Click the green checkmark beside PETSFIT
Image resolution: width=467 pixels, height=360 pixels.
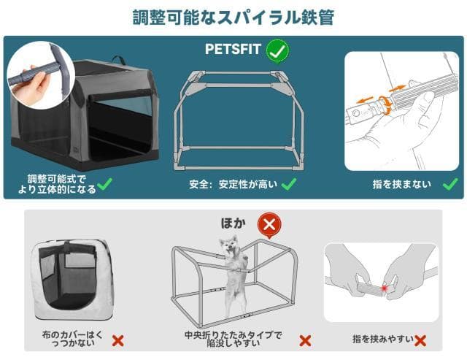click(277, 51)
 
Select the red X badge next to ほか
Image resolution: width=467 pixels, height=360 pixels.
click(269, 223)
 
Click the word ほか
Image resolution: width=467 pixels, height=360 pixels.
click(234, 222)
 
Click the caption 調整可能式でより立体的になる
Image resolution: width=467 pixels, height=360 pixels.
click(59, 184)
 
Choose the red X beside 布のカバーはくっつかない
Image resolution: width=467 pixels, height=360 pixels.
click(118, 340)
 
